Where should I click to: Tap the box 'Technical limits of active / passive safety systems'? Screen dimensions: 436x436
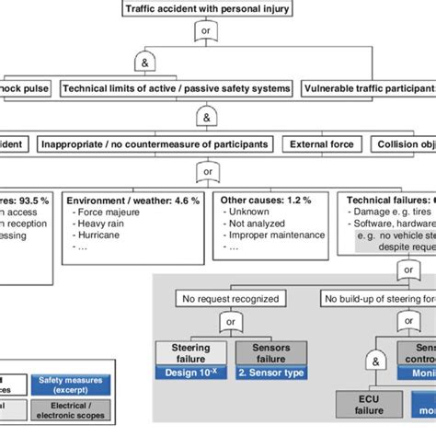pos(177,88)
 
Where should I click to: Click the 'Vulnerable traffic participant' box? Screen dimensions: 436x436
pos(369,88)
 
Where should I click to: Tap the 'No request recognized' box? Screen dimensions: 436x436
pos(229,297)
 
